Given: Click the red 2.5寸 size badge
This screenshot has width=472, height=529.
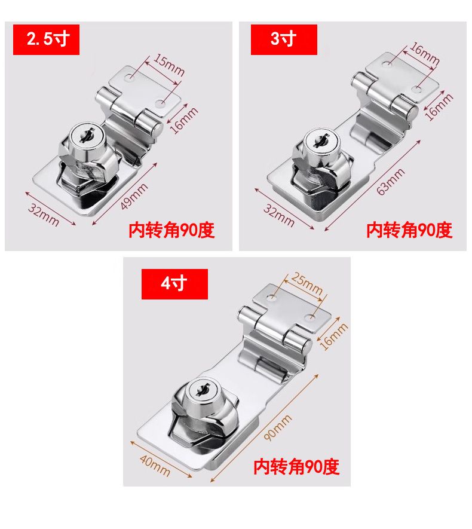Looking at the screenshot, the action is pos(46,39).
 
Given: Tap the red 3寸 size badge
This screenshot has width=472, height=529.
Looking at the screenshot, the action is pos(284,39).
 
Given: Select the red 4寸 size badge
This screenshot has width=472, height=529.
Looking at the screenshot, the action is pos(174,284).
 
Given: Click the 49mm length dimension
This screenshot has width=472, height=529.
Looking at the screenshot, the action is pos(134,196).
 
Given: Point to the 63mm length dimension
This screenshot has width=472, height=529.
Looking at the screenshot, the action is pos(390,182).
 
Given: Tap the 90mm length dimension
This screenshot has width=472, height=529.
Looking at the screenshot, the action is pos(277,428).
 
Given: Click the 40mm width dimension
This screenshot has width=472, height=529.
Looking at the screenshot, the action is pos(155,466).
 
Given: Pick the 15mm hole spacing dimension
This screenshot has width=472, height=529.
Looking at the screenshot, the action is pos(169,65).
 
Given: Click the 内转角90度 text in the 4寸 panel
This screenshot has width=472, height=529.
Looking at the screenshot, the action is pos(296,467).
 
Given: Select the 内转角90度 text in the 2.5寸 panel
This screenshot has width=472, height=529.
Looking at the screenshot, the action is pos(171,230).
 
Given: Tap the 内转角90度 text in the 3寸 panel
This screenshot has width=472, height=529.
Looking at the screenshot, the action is pos(409,230).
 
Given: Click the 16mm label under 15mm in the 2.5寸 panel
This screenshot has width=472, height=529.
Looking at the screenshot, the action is pos(184,120).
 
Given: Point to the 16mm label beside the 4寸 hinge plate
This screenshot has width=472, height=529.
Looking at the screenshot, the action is pos(333,337).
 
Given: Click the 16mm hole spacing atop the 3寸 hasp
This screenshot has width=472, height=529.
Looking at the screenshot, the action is pos(424,54).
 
